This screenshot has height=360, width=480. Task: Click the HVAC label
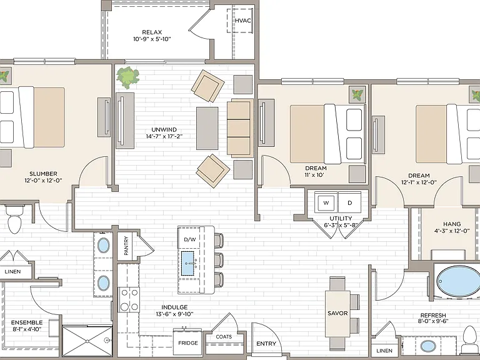tap(242, 21)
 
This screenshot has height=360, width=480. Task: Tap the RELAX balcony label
tap(152, 32)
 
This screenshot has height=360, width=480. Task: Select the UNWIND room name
tap(164, 130)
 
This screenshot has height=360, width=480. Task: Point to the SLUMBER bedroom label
tap(43, 174)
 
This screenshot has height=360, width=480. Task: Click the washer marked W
tap(326, 202)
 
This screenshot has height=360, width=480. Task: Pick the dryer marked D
tap(349, 202)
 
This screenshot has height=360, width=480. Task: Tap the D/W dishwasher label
tap(190, 239)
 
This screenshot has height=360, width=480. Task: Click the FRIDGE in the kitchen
tap(188, 342)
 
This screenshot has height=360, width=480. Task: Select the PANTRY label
tap(126, 246)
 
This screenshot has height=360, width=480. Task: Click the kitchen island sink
tap(189, 263)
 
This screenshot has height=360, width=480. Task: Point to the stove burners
tap(129, 300)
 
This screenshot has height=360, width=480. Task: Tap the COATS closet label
tap(224, 337)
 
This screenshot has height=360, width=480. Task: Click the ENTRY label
tap(266, 344)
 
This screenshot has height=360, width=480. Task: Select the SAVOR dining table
tap(337, 314)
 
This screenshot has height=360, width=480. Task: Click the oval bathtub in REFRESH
tap(458, 282)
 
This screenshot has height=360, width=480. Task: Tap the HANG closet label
tap(452, 224)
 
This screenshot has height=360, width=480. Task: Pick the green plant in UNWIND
tap(127, 76)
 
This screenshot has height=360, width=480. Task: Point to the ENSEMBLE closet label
tap(27, 322)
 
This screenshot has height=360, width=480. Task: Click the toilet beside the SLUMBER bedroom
tap(15, 219)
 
